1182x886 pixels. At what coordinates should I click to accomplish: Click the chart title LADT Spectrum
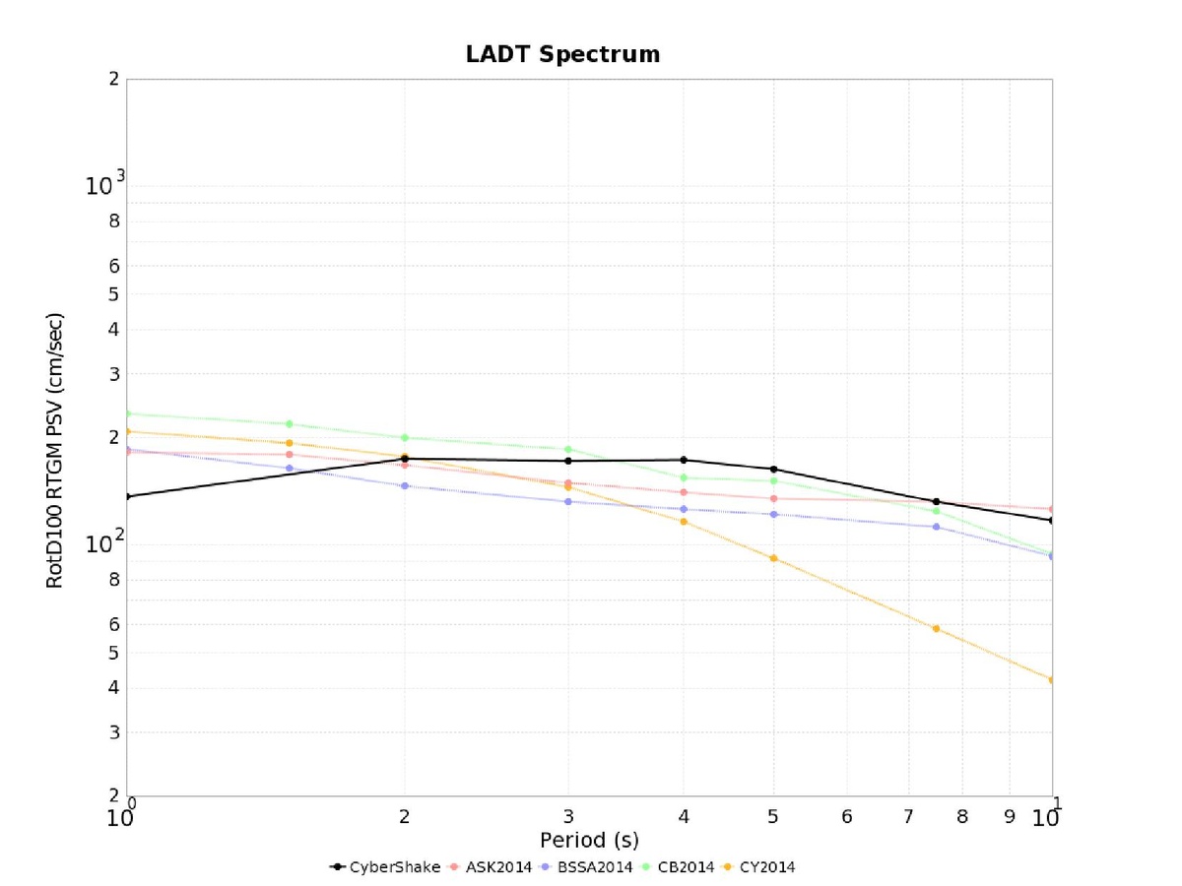click(562, 54)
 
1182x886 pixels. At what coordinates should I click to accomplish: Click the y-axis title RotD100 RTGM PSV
click(55, 450)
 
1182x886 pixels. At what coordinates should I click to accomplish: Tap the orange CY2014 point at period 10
click(1052, 680)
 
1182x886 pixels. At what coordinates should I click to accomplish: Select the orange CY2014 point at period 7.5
click(936, 628)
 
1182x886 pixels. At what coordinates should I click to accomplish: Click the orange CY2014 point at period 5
click(773, 558)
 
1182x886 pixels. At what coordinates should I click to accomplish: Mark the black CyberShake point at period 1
click(127, 496)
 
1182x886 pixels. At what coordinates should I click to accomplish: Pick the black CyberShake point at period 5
click(773, 469)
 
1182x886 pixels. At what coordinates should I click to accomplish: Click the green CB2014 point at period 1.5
click(290, 424)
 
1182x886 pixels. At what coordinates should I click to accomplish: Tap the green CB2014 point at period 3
click(568, 449)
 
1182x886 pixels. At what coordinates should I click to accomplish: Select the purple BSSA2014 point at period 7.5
click(936, 527)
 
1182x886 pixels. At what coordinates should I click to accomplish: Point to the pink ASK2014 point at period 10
click(1052, 509)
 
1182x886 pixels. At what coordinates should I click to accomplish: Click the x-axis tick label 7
click(909, 816)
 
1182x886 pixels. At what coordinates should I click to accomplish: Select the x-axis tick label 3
click(568, 816)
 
